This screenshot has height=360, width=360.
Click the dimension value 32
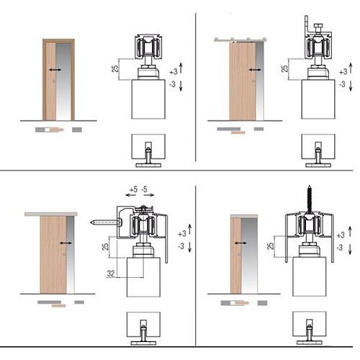111,274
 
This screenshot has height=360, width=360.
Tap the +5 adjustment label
133,189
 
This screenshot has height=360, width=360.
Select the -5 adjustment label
144,189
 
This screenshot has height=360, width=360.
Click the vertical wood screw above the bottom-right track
310,199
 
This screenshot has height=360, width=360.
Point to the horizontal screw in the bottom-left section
106,222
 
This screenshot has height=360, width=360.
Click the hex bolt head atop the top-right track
318,25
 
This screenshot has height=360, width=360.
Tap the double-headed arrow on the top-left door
55,70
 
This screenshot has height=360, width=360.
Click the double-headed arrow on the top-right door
255,70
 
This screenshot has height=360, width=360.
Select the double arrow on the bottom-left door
66,243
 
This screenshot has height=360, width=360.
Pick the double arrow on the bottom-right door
240,243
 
